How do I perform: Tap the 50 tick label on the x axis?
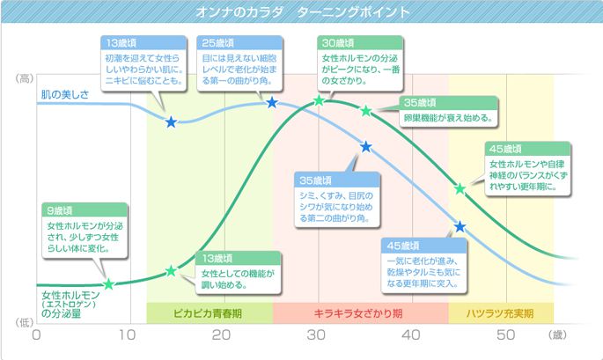(x=505, y=335)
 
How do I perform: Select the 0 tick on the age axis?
(x=37, y=335)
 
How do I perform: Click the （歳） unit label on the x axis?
(x=557, y=335)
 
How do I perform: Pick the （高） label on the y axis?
(x=23, y=80)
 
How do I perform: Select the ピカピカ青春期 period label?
(x=209, y=312)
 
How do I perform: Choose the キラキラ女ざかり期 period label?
(x=362, y=312)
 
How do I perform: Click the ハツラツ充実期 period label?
(x=501, y=312)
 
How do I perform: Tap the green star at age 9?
(x=108, y=284)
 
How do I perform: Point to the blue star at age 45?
(x=460, y=227)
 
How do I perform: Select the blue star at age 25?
(x=271, y=103)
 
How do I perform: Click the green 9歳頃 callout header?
(x=63, y=211)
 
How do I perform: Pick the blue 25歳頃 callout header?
(x=217, y=42)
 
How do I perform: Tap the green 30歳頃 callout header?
(x=338, y=42)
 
